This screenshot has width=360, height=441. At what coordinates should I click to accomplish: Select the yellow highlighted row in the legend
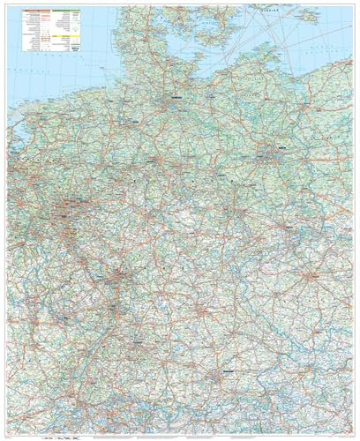tap(64, 40)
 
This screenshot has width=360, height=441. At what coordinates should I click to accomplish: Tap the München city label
tap(227, 374)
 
